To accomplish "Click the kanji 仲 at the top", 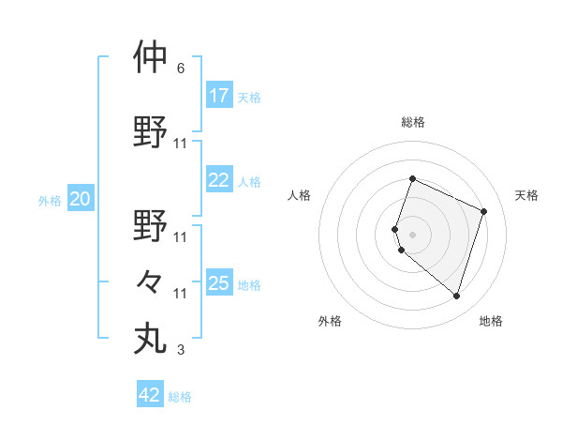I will tap(150, 57).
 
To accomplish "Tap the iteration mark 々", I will tap(150, 281).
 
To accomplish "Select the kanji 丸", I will tap(150, 338).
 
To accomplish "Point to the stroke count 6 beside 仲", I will tap(181, 68).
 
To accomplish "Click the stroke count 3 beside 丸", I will tap(181, 351).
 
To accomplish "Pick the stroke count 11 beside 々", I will tap(181, 294).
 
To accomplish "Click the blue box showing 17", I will tap(219, 96).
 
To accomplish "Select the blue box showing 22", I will tap(219, 180).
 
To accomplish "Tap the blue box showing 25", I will tap(219, 283).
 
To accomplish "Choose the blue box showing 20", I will tap(81, 199).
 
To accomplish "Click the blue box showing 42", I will tap(150, 395).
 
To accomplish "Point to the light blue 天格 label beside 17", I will tap(248, 98).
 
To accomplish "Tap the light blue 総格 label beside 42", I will tap(180, 397).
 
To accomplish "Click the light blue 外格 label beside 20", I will tap(50, 201).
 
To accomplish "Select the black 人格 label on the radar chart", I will tap(299, 195).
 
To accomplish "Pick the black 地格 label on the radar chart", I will tap(491, 322).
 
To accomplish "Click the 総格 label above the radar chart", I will tap(412, 122).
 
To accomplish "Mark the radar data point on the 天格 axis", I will tap(484, 211).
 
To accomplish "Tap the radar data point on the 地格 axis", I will tap(456, 297).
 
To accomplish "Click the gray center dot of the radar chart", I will tap(412, 234).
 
